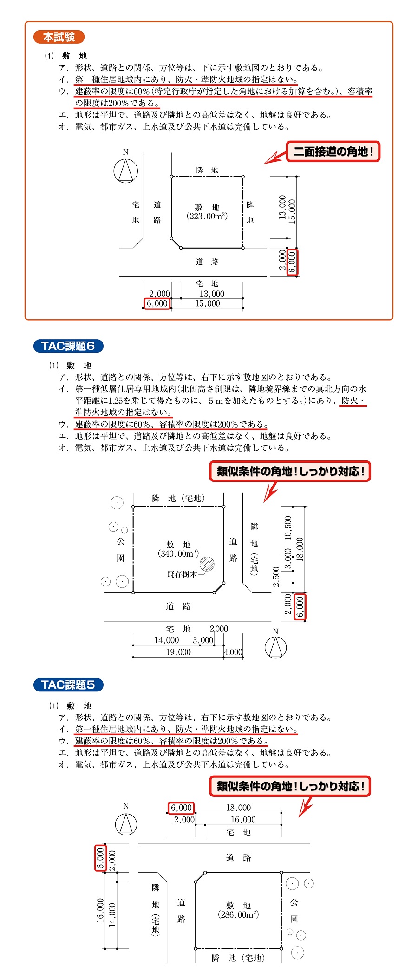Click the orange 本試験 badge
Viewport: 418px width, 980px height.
click(59, 37)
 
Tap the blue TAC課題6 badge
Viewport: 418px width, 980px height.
click(68, 346)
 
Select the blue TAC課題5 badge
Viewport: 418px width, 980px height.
click(68, 684)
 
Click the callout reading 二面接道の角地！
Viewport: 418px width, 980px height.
click(333, 151)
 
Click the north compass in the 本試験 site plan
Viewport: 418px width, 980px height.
click(126, 170)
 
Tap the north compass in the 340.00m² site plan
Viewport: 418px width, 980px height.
click(275, 647)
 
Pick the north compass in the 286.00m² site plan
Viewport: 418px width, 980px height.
click(126, 824)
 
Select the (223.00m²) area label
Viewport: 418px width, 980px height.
click(207, 216)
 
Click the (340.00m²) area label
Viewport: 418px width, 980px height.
click(178, 553)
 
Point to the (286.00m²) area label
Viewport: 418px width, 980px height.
click(238, 914)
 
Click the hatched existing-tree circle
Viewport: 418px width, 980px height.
click(207, 564)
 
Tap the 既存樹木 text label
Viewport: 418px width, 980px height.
click(182, 574)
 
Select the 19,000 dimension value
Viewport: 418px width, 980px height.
click(178, 652)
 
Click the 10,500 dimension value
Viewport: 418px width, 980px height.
click(288, 527)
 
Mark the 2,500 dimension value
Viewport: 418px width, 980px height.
click(276, 577)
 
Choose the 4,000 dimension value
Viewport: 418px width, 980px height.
click(233, 652)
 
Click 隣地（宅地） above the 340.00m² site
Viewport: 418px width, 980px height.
click(178, 498)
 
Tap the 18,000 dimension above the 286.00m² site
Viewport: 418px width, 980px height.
click(238, 808)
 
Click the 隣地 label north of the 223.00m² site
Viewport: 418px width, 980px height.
click(207, 170)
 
